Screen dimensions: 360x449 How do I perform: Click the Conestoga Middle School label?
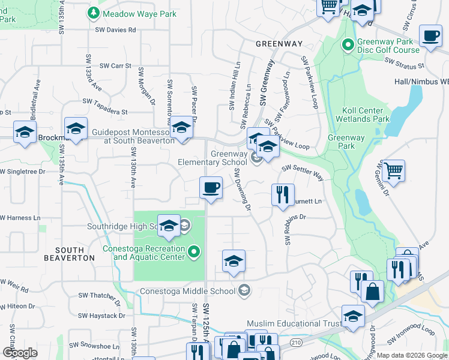(x=187, y=292)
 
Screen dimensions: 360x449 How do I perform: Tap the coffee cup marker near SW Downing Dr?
(x=211, y=188)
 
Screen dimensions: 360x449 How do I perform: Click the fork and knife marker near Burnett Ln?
(x=282, y=194)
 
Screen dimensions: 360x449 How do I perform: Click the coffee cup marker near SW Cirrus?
(x=430, y=36)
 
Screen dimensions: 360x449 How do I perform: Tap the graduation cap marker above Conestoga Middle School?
(x=234, y=261)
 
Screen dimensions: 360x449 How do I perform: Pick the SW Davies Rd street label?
(x=116, y=29)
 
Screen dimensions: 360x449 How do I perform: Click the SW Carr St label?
(x=115, y=65)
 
